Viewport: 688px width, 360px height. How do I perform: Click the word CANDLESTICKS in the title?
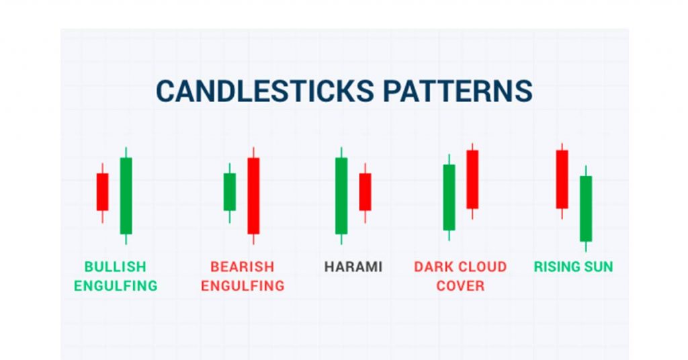tap(265, 91)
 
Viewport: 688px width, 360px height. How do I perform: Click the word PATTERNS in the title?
tap(458, 91)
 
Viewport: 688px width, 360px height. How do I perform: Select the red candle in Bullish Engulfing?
tap(102, 192)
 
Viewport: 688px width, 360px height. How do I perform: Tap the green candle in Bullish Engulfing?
tap(126, 195)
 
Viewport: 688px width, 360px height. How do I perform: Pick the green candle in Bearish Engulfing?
tap(230, 192)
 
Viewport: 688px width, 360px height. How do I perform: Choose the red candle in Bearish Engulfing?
tap(253, 195)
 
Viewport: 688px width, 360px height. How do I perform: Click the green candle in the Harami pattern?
tap(341, 195)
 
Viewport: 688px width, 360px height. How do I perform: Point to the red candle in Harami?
tap(365, 192)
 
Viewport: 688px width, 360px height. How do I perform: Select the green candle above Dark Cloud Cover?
tap(449, 197)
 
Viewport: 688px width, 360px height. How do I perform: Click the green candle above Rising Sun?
tap(586, 209)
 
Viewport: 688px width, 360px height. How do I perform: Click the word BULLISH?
tap(115, 267)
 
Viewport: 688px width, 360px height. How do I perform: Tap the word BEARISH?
tap(242, 267)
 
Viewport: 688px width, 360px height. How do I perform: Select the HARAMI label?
tap(353, 267)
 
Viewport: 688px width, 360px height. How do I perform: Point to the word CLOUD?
tap(482, 267)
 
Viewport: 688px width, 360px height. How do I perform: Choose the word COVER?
tap(460, 286)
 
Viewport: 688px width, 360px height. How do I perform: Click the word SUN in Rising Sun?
tap(597, 267)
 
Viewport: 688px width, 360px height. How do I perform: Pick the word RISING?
tap(556, 267)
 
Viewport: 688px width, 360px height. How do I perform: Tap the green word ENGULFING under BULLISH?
tap(116, 286)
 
